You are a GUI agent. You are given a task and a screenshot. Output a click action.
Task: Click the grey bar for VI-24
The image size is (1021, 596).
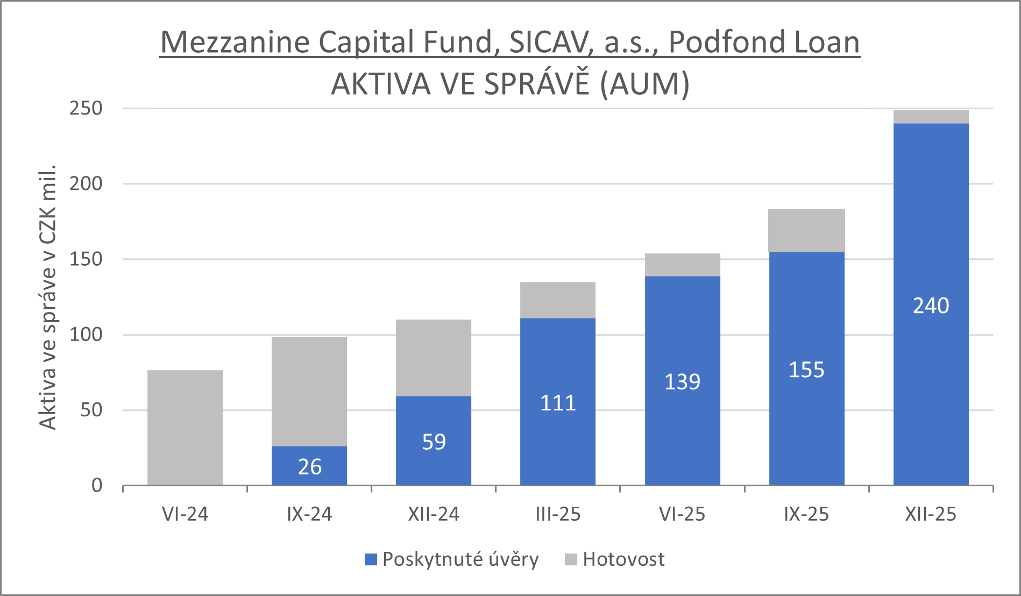[x=185, y=428]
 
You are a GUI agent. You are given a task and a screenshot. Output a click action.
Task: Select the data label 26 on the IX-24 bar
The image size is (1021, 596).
[x=309, y=467]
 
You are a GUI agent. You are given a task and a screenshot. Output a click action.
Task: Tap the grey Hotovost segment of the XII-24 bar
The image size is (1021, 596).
[x=434, y=358]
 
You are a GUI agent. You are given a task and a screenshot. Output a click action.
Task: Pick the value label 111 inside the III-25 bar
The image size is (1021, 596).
[x=558, y=403]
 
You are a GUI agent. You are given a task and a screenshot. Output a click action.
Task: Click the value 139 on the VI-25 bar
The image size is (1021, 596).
[x=682, y=382]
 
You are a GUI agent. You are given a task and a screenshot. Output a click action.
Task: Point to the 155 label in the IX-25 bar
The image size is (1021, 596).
[x=806, y=370]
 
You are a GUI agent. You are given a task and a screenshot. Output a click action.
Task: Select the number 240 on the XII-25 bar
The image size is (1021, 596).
[x=931, y=306]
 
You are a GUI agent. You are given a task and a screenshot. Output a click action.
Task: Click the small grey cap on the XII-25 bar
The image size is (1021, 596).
[x=931, y=117]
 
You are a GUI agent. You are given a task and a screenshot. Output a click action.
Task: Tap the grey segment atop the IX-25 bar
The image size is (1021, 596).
[x=806, y=230]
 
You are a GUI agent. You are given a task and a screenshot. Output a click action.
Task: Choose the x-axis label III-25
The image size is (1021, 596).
[x=558, y=514]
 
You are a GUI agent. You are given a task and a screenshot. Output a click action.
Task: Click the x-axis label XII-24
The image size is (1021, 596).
[x=434, y=514]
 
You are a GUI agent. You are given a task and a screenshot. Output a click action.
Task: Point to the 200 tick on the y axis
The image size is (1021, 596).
[x=86, y=184]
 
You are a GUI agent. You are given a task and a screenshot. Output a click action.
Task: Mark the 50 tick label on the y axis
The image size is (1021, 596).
[x=91, y=410]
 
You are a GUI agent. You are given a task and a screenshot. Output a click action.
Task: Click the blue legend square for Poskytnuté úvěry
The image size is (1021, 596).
[x=371, y=559]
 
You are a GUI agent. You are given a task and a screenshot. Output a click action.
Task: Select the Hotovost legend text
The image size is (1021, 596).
[x=623, y=559]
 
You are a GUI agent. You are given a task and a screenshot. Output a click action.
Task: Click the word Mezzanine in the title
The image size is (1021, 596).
[x=235, y=42]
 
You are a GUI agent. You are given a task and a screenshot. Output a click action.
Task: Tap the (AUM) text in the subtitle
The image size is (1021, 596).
[x=644, y=84]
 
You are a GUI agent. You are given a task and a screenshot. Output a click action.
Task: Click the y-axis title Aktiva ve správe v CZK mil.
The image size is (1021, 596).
[x=48, y=297]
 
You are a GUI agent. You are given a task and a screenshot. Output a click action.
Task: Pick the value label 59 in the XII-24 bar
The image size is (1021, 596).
[x=434, y=442]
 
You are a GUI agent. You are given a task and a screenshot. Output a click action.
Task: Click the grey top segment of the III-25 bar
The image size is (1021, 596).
[x=558, y=300]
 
